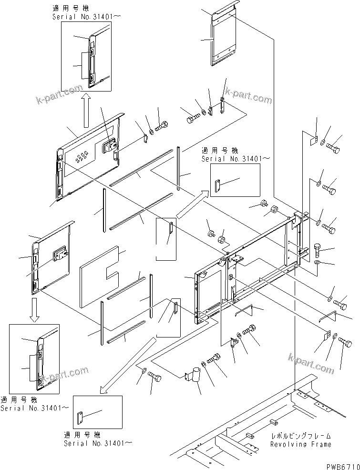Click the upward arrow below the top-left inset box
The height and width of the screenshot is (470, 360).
[x=86, y=110]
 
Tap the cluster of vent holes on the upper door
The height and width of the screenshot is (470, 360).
[x=82, y=155]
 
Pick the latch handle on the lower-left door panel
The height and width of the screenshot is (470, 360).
[x=60, y=255]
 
